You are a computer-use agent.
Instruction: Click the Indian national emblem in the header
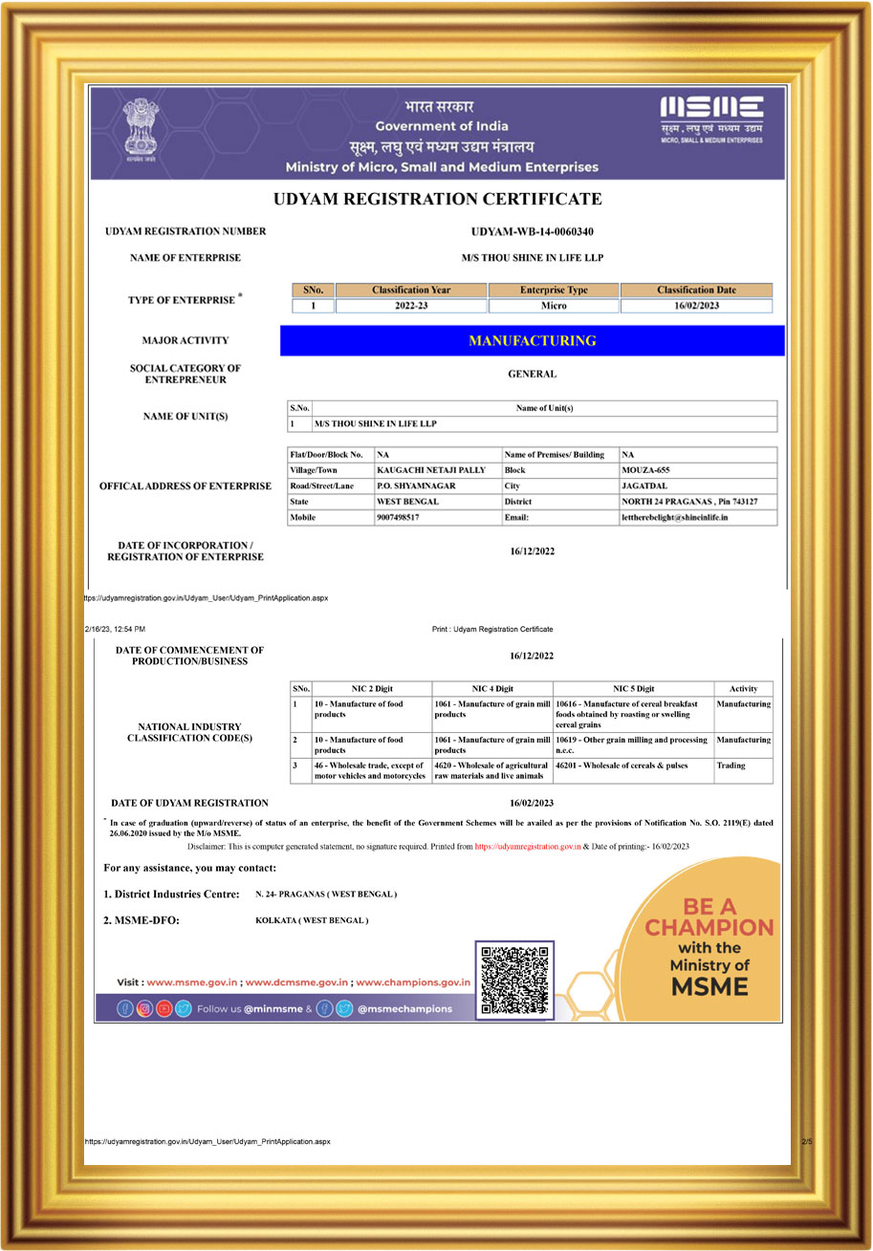coord(144,132)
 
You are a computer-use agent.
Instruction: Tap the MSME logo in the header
coord(711,118)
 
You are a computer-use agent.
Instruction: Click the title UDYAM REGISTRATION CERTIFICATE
coord(437,200)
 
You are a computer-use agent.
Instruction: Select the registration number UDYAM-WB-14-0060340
coord(533,231)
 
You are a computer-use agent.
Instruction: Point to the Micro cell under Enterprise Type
coord(554,306)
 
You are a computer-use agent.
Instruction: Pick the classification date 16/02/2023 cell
coord(695,306)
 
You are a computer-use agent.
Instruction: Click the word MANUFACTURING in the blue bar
coord(532,340)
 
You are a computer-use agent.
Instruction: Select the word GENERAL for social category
coord(532,375)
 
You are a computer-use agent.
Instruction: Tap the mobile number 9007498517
coord(399,517)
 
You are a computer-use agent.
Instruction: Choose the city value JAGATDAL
coord(644,485)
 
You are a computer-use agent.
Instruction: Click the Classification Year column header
coord(411,290)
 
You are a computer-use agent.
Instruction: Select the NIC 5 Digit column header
coord(633,688)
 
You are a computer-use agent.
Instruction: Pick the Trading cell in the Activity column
coord(731,766)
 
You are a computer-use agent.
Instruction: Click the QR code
coord(514,980)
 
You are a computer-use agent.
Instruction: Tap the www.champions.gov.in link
coord(413,981)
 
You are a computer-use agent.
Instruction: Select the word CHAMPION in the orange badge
coord(709,927)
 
